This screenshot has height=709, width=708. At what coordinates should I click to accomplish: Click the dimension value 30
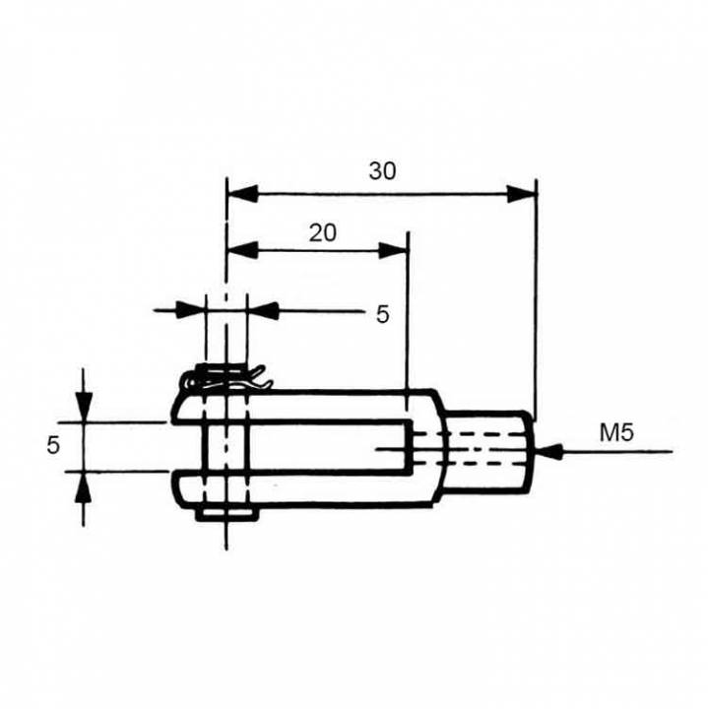click(x=382, y=171)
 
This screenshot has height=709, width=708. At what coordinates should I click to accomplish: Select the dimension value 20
click(x=323, y=233)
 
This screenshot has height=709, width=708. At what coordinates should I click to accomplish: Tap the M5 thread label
click(x=616, y=432)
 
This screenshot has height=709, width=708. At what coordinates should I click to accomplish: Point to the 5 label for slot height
click(x=53, y=446)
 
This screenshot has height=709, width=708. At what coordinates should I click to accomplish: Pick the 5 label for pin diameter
click(x=382, y=314)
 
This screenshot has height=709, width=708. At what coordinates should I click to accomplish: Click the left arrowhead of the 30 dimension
click(x=242, y=194)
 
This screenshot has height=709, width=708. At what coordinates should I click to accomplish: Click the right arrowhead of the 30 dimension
click(x=521, y=194)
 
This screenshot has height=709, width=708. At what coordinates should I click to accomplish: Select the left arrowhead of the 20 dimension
click(x=242, y=250)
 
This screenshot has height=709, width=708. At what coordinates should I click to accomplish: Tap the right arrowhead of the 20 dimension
click(x=393, y=250)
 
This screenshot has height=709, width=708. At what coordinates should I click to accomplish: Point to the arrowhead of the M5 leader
click(x=549, y=451)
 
